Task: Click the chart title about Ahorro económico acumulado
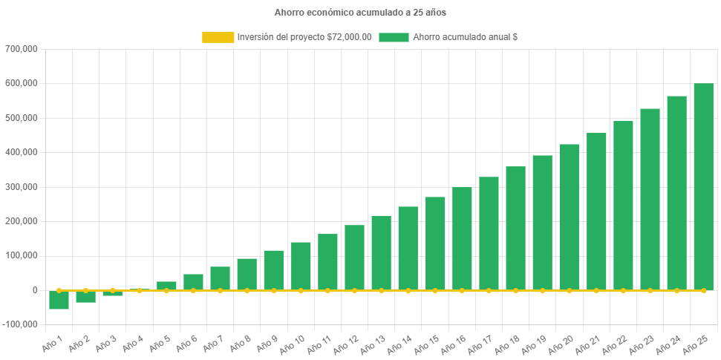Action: click(360, 13)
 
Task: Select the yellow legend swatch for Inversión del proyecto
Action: click(218, 37)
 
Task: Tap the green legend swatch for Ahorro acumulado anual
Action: click(394, 37)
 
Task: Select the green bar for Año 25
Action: click(703, 186)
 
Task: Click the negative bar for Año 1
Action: click(59, 300)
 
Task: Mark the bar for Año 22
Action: click(623, 205)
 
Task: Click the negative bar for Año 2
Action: click(85, 297)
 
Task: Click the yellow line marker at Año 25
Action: click(703, 290)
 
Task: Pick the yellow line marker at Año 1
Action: click(59, 290)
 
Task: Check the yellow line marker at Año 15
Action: click(435, 290)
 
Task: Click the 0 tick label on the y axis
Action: click(35, 290)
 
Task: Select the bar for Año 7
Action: click(220, 278)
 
